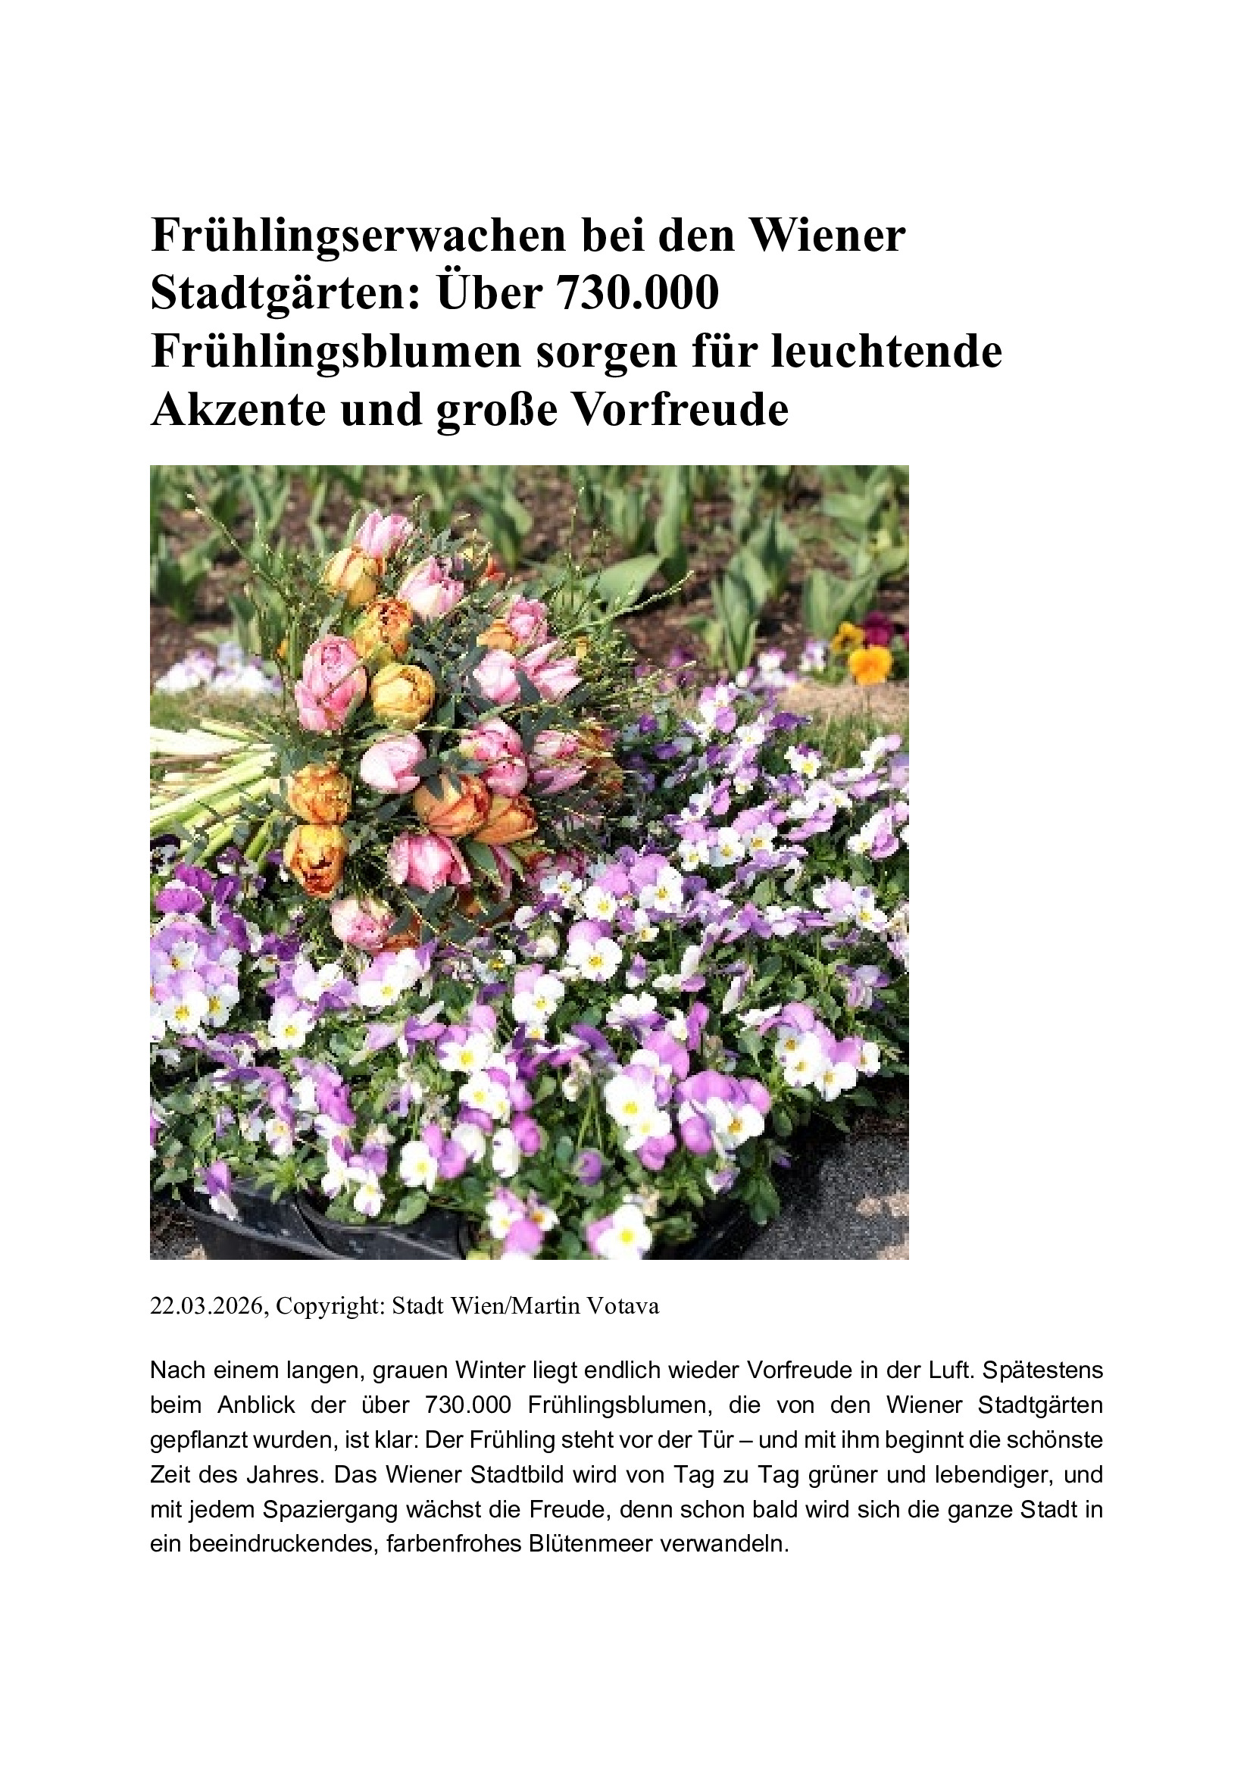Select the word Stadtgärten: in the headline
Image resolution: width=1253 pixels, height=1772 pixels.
pyautogui.click(x=286, y=294)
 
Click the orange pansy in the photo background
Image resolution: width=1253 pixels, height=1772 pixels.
pyautogui.click(x=870, y=663)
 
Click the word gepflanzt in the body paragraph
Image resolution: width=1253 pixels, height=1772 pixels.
pyautogui.click(x=198, y=1439)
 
